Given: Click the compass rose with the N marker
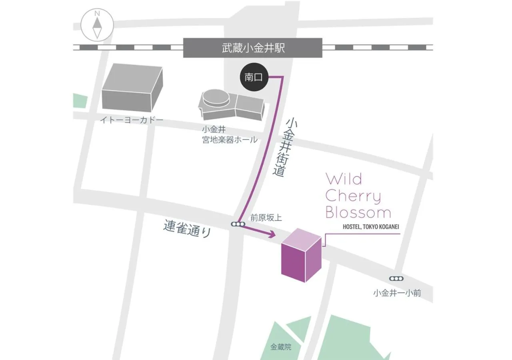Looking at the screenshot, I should pyautogui.click(x=97, y=25).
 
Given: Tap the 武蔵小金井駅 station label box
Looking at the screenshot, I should pyautogui.click(x=253, y=48).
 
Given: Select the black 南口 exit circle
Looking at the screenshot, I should pyautogui.click(x=253, y=77).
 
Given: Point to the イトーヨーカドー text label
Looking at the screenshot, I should pyautogui.click(x=132, y=120).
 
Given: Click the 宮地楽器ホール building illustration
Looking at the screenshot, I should pyautogui.click(x=231, y=104).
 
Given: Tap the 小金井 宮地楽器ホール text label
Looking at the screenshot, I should pyautogui.click(x=230, y=135).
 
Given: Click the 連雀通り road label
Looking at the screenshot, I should pyautogui.click(x=187, y=229).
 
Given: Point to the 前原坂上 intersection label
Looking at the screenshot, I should pyautogui.click(x=266, y=218).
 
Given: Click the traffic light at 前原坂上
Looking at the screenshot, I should pyautogui.click(x=238, y=224).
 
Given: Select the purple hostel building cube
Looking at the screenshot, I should pyautogui.click(x=301, y=255).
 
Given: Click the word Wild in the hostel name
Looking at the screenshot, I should pyautogui.click(x=344, y=179).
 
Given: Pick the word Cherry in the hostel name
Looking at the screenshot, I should pyautogui.click(x=353, y=196).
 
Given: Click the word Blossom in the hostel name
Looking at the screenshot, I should pyautogui.click(x=358, y=212).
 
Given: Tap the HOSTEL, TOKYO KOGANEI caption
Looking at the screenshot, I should pyautogui.click(x=371, y=227).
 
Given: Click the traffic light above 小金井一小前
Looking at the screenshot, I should pyautogui.click(x=396, y=279).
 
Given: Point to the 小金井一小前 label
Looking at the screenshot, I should pyautogui.click(x=397, y=293).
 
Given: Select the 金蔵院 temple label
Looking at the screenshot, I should pyautogui.click(x=281, y=347).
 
